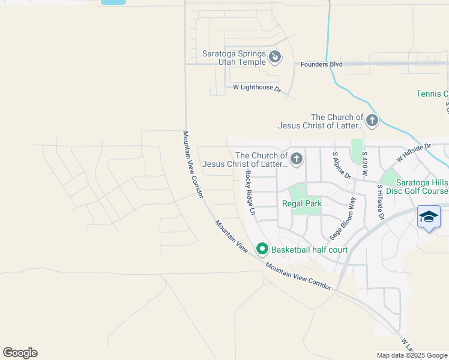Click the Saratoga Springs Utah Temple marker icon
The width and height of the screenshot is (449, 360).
pyautogui.click(x=275, y=57)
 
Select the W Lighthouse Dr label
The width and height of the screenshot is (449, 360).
pyautogui.click(x=257, y=88)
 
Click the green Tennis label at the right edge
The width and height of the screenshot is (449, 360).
pyautogui.click(x=433, y=94)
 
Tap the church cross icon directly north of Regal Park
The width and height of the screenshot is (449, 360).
pyautogui.click(x=296, y=159)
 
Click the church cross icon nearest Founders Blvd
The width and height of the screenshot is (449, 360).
pyautogui.click(x=372, y=121)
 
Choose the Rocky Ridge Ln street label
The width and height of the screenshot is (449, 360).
pyautogui.click(x=250, y=193)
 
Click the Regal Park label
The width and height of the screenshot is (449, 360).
pyautogui.click(x=302, y=203)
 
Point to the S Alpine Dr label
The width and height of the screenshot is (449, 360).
pyautogui.click(x=342, y=165)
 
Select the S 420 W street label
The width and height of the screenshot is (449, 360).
pyautogui.click(x=365, y=163)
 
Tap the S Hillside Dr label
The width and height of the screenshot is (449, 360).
pyautogui.click(x=380, y=202)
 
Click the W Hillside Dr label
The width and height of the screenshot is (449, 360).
pyautogui.click(x=414, y=152)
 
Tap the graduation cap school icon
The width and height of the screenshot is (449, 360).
pyautogui.click(x=429, y=217)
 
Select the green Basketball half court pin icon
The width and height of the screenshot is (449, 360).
pyautogui.click(x=262, y=248)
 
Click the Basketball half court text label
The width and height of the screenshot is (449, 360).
pyautogui.click(x=309, y=249)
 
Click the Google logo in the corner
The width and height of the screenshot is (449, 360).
pyautogui.click(x=20, y=353)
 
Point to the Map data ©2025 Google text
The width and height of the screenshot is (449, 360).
pyautogui.click(x=411, y=355)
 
